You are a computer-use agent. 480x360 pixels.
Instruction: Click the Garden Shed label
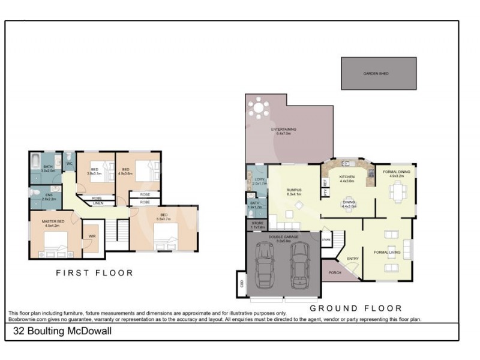pos(376,73)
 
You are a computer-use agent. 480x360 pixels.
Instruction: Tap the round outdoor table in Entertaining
pos(259,109)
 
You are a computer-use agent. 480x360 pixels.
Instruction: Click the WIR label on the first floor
pos(93,235)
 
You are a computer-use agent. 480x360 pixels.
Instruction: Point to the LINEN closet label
pos(98,203)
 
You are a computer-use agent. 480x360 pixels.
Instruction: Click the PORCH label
pos(335,273)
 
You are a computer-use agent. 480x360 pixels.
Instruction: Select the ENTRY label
pos(353,259)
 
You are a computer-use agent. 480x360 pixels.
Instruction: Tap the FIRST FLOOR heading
pos(94,273)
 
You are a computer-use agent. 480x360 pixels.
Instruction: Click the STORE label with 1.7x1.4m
pos(257,226)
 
